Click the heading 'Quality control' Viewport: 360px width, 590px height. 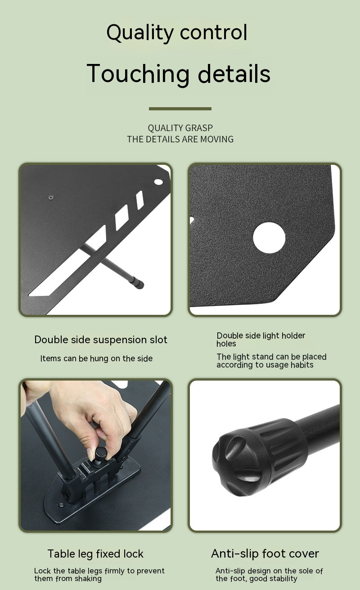pyautogui.click(x=177, y=33)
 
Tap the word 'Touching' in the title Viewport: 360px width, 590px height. pyautogui.click(x=137, y=74)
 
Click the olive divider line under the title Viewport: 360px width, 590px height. pyautogui.click(x=180, y=109)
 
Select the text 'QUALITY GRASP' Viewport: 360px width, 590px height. pyautogui.click(x=180, y=128)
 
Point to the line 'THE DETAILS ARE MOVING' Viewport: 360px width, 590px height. pyautogui.click(x=180, y=139)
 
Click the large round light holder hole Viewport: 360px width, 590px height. pyautogui.click(x=269, y=237)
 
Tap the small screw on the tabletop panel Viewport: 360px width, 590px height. pyautogui.click(x=51, y=197)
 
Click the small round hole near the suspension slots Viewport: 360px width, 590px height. pyautogui.click(x=158, y=182)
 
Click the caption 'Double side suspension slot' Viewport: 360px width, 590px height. pyautogui.click(x=101, y=340)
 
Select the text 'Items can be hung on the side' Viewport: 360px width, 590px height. pyautogui.click(x=96, y=359)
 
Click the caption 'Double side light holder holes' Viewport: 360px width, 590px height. pyautogui.click(x=261, y=339)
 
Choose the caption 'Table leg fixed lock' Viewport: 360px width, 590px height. pyautogui.click(x=95, y=554)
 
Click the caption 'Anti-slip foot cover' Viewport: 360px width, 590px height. pyautogui.click(x=265, y=554)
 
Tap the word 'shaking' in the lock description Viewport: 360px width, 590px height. pyautogui.click(x=87, y=578)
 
